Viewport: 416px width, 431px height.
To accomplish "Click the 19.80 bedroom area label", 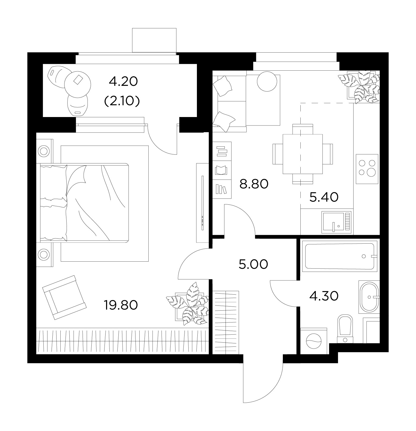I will tap(121, 305).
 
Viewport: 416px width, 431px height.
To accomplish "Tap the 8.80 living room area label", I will tap(254, 184).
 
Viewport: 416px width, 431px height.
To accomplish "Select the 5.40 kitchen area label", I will tap(324, 197).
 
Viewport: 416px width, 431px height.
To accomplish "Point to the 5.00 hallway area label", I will tap(253, 264).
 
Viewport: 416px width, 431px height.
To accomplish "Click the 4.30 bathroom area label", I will tap(324, 296).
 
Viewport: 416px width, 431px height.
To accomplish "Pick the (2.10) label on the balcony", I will tap(122, 102).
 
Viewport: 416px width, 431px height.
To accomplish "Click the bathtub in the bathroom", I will tap(340, 256).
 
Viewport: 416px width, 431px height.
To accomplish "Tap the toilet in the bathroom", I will tap(345, 328).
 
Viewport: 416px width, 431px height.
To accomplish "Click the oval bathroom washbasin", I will tap(369, 297).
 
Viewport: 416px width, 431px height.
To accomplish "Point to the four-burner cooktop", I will tap(367, 169).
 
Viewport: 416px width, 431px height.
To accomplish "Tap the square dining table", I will tap(303, 154).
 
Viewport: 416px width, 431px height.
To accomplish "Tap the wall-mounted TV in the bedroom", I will tap(202, 203).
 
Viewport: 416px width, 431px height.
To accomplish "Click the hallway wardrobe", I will tap(226, 322).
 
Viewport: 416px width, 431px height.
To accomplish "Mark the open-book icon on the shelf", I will tap(221, 170).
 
